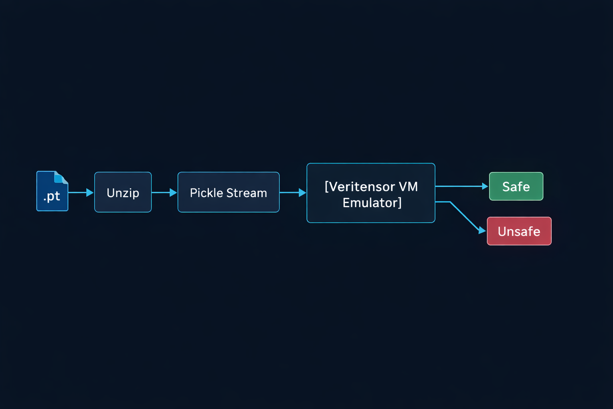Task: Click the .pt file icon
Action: pos(52,191)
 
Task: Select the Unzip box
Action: pos(123,192)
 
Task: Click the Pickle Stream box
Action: pos(228,192)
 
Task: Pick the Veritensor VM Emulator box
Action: pos(371,193)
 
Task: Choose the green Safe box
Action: pos(516,186)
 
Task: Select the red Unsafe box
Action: pos(519,231)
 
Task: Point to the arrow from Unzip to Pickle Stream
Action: pos(164,193)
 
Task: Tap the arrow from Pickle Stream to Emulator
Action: pos(293,193)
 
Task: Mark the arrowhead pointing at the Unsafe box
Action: pos(482,230)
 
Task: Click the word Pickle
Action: pos(206,193)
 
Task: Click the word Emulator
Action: pos(370,203)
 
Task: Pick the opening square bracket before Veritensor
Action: pos(327,187)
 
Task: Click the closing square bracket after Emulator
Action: pos(399,203)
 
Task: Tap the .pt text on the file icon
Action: pos(51,196)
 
